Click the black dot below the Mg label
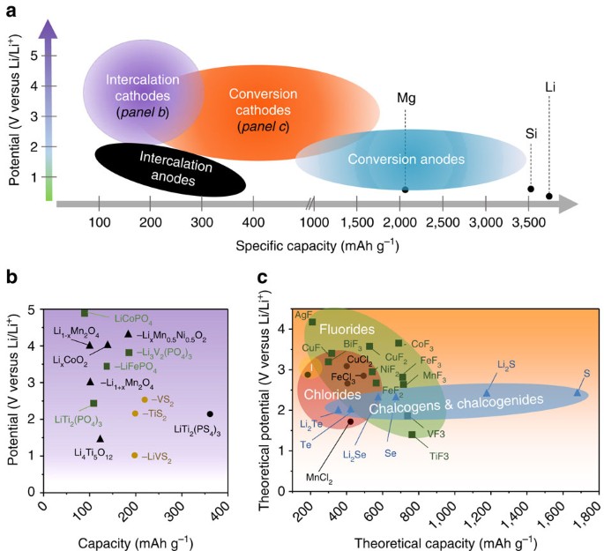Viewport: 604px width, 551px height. [x=405, y=190]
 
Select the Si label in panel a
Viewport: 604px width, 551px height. [x=531, y=133]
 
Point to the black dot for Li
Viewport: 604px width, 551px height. [x=548, y=196]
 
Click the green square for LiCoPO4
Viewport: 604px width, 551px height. [x=85, y=313]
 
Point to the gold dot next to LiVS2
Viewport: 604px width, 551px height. [x=134, y=456]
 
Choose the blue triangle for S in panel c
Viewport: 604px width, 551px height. [x=578, y=392]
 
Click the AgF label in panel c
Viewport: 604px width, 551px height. [x=305, y=313]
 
